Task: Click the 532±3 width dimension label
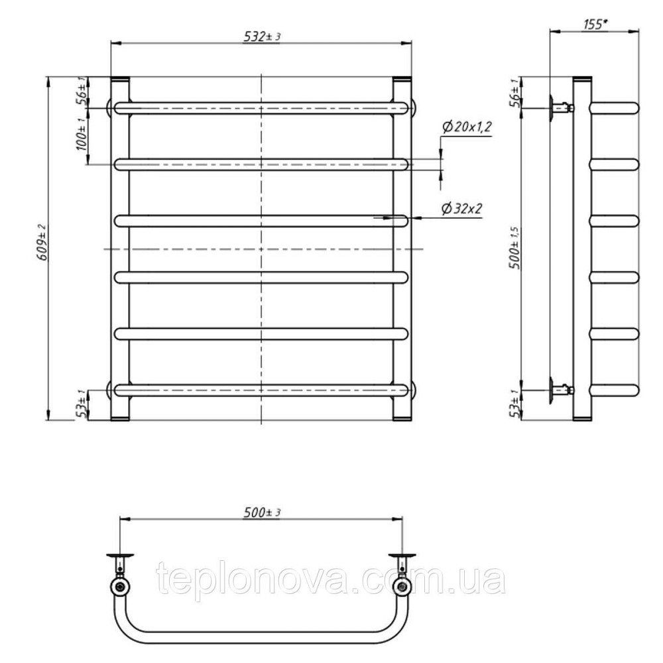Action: point(262,36)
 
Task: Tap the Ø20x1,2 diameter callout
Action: point(467,127)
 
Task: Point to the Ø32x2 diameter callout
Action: point(461,208)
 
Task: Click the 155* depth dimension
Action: point(595,25)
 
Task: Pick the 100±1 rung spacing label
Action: point(82,135)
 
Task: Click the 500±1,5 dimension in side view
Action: point(516,248)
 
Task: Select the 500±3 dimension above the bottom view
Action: point(262,512)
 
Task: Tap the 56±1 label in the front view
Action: point(82,90)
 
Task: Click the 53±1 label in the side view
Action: point(516,404)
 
